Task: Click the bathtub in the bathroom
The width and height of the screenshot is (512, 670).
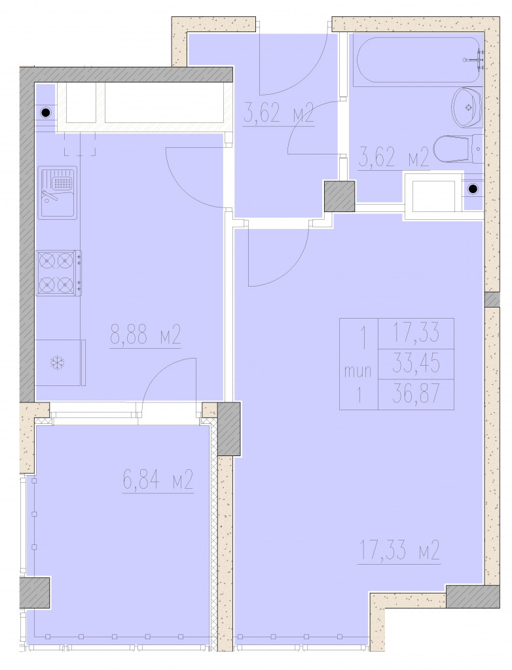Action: pyautogui.click(x=419, y=60)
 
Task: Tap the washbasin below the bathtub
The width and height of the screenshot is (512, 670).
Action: pyautogui.click(x=467, y=108)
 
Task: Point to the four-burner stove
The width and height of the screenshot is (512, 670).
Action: pyautogui.click(x=59, y=273)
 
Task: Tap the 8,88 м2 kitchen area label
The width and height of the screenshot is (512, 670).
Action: pyautogui.click(x=146, y=335)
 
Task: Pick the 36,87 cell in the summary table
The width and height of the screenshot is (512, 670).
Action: pyautogui.click(x=416, y=394)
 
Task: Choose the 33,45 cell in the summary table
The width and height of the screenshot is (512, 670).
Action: pyautogui.click(x=416, y=364)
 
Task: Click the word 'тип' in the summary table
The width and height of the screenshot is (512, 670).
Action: pyautogui.click(x=358, y=371)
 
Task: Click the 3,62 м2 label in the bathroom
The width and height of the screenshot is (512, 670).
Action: pyautogui.click(x=394, y=158)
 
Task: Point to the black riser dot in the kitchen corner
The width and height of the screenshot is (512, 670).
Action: pyautogui.click(x=45, y=113)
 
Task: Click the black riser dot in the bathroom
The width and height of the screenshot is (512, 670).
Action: pyautogui.click(x=473, y=189)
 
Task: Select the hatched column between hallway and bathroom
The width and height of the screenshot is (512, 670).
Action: pyautogui.click(x=340, y=196)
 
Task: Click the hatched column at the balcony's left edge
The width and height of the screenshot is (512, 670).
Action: pyautogui.click(x=35, y=593)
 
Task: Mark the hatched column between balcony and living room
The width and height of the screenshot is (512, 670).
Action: pyautogui.click(x=229, y=429)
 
